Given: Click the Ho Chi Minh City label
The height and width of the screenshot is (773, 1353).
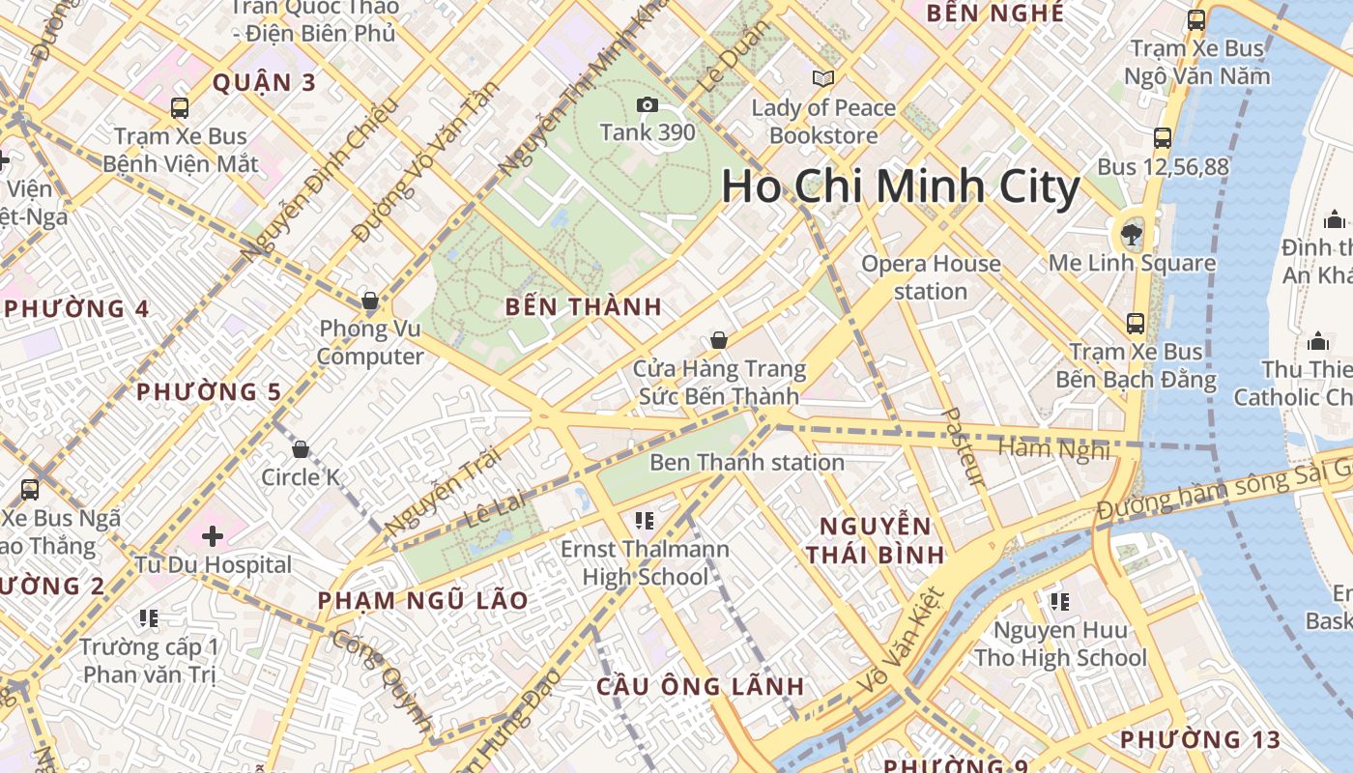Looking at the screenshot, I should point(900,186).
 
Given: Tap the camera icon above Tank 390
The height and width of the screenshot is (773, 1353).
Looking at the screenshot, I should point(647,104).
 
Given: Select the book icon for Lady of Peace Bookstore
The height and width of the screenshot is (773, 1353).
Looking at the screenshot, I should point(822,78).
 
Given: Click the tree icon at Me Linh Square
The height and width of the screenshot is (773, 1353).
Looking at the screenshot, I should point(1131,232).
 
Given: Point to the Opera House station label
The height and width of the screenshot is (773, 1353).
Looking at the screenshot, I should point(931,277).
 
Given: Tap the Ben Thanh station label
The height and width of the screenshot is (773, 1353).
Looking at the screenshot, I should point(746,462).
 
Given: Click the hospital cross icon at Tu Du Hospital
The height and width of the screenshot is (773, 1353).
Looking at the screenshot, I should point(213,535).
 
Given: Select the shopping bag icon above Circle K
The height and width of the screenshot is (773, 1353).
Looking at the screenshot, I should point(301,448).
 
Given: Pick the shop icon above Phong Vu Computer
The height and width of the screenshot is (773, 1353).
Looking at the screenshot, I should point(369,300).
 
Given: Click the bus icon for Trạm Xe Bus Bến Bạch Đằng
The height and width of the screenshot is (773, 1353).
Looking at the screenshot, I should point(1136,323).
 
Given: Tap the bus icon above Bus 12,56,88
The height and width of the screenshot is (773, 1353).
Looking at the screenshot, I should point(1163,138).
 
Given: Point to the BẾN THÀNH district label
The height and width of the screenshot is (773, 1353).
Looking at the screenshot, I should point(584,307).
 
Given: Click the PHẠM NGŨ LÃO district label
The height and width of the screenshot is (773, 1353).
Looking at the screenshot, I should point(423,600).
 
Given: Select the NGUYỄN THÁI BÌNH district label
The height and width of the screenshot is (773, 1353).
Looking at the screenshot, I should point(876,540).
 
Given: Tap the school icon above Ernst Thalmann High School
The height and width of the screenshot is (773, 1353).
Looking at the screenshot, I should point(645,521).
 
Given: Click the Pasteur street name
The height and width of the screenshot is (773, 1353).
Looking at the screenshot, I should point(963,446).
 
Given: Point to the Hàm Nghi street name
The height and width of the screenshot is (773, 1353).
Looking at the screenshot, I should point(1053,448).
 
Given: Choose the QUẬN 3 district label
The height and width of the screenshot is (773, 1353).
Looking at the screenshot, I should point(264,82).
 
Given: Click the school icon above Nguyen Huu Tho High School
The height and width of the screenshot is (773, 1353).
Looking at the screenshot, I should point(1060,602).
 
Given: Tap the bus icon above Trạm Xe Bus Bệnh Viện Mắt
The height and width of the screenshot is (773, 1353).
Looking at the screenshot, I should point(180,107).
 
